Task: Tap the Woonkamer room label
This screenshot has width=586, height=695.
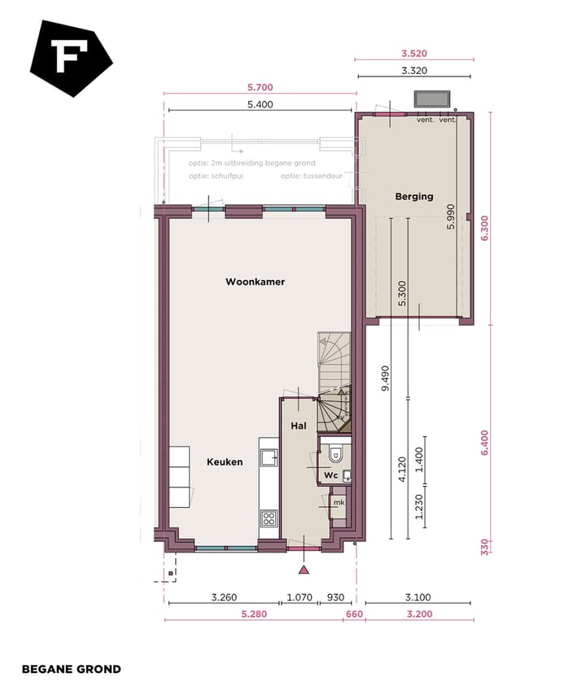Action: click(255, 282)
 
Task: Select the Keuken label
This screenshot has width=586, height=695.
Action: click(225, 461)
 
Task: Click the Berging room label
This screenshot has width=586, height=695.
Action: click(414, 196)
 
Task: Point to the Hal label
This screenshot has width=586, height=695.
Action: click(298, 426)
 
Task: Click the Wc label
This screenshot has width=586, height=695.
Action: click(330, 474)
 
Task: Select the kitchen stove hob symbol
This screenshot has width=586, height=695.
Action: click(268, 518)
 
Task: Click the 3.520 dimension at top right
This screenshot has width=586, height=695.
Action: click(414, 54)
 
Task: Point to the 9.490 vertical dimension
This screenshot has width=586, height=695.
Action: click(385, 378)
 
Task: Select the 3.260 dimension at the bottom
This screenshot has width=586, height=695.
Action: click(223, 597)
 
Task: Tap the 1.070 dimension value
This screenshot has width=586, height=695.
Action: click(300, 597)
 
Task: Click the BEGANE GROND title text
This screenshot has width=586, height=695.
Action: click(71, 669)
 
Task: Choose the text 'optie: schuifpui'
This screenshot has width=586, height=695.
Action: click(216, 175)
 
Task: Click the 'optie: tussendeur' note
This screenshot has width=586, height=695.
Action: click(310, 175)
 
